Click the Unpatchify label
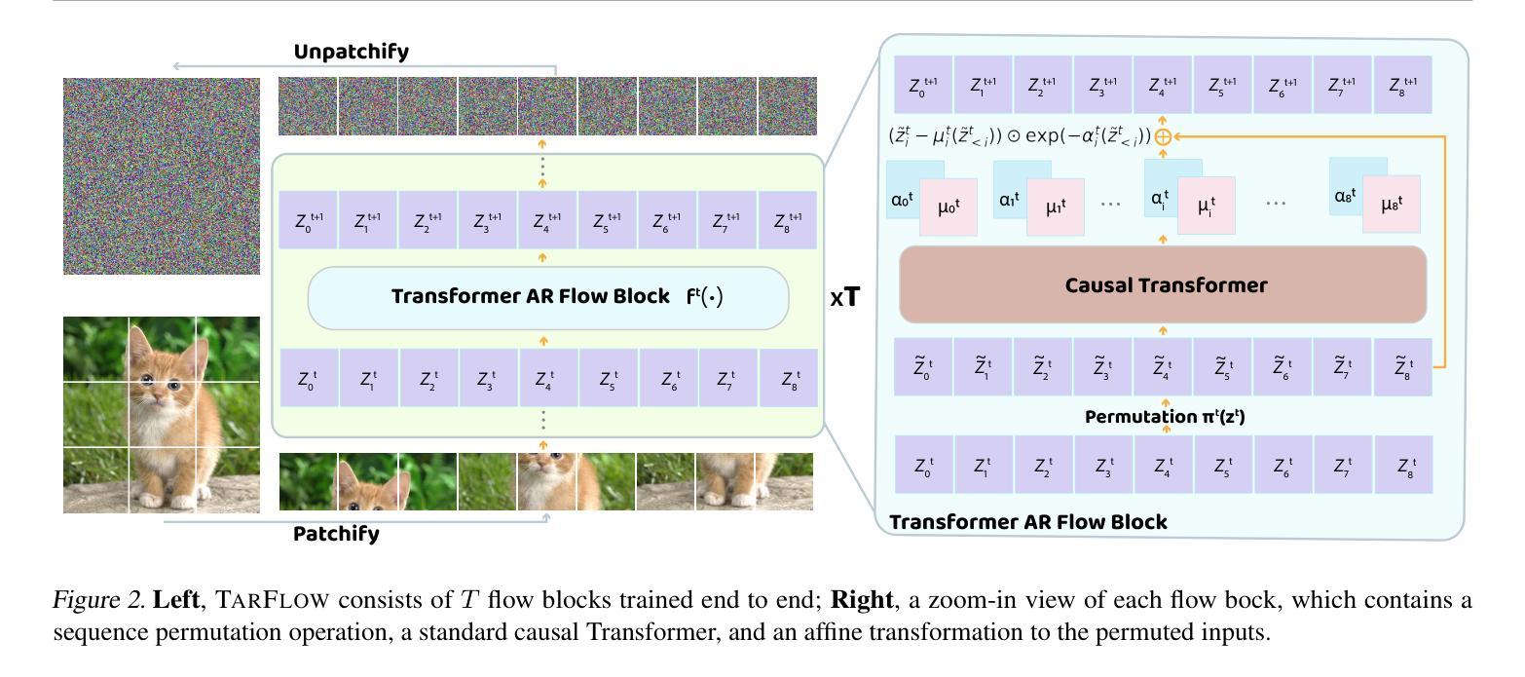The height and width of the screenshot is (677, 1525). point(352,52)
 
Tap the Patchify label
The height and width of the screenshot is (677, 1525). point(336,533)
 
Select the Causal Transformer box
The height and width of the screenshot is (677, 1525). point(1163,284)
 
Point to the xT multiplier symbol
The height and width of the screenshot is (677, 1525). point(845,297)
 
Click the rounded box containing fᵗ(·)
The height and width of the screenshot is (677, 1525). point(548,298)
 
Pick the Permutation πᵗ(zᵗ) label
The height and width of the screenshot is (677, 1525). point(1165,416)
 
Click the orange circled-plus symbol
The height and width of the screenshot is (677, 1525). point(1163,137)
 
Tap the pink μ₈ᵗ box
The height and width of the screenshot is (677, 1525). point(1392,204)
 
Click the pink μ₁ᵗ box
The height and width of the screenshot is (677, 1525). point(1056,207)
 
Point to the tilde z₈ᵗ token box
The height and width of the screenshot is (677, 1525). point(1403,367)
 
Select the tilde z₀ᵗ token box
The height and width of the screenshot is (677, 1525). point(922,367)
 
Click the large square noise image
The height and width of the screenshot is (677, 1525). point(162,175)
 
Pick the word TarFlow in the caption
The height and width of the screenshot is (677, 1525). point(273,600)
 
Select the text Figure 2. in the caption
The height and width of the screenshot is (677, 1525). point(98,600)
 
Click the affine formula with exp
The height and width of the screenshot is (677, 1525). point(1020,136)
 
